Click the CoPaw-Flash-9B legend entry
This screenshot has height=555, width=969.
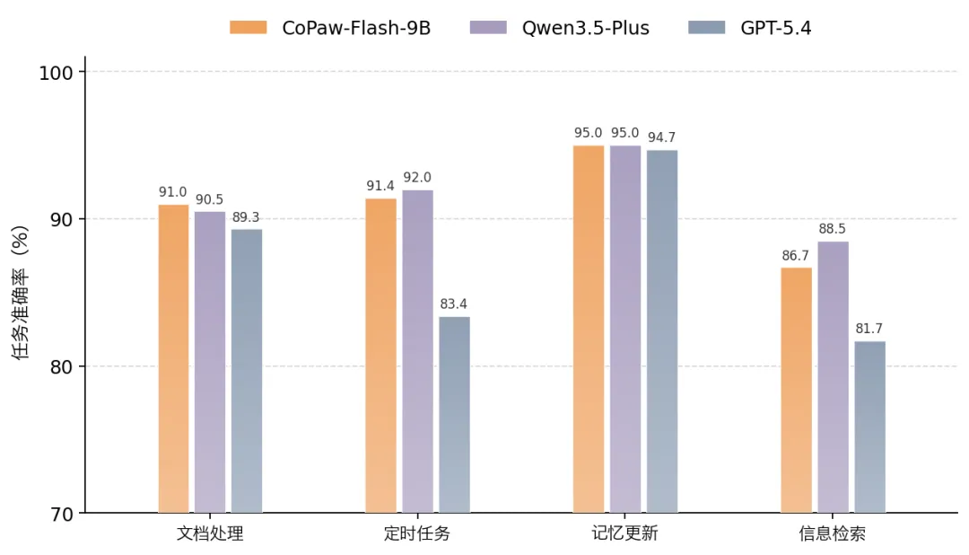[330, 28]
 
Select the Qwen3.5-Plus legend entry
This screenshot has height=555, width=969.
[560, 28]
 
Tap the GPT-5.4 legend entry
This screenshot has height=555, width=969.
[750, 28]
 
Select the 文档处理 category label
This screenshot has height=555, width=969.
[210, 533]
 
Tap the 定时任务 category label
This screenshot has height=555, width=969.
[417, 533]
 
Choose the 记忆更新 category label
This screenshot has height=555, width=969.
[624, 533]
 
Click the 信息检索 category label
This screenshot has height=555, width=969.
[833, 533]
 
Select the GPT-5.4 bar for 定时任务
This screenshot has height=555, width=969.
[454, 415]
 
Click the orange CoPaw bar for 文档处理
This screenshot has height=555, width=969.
[173, 359]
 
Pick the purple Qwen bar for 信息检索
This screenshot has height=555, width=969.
[833, 377]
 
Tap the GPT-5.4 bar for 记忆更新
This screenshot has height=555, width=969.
[662, 331]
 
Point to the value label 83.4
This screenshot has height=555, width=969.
[454, 304]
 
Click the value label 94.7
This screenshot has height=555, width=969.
[662, 137]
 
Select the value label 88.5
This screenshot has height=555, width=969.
[833, 229]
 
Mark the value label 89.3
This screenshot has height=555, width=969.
[247, 217]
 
